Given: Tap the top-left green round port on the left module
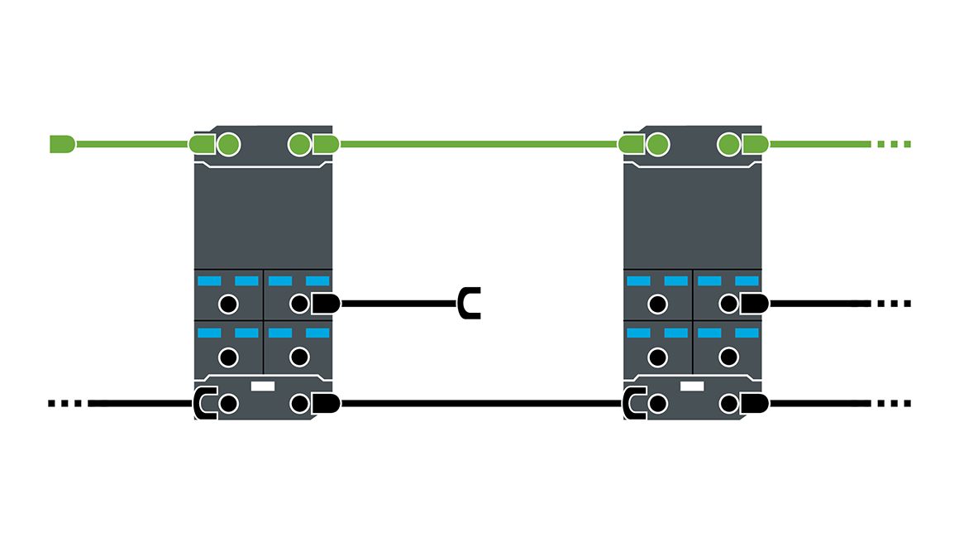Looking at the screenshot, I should coord(228,145).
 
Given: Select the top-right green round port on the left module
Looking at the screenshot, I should coord(299,145).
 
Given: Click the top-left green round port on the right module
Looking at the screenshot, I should coord(657,145).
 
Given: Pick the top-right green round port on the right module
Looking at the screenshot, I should coord(728,145).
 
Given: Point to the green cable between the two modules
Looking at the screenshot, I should coord(479,144).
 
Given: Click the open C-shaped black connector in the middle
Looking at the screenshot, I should coord(470,304).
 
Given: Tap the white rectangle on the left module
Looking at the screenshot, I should coord(262,386).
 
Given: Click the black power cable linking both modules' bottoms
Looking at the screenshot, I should coord(479,404).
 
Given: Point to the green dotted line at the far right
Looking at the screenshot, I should coord(893,144).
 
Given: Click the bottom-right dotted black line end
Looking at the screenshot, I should coord(893,404).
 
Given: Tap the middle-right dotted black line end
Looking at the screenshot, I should coord(893,304).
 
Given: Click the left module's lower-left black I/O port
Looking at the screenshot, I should coord(228,357).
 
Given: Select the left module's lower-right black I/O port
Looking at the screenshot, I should coord(299,357).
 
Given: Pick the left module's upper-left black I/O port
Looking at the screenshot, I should coord(228,304).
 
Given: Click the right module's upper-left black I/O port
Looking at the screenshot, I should coord(657,304).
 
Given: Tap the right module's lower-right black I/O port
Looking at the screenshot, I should coord(728,357).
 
